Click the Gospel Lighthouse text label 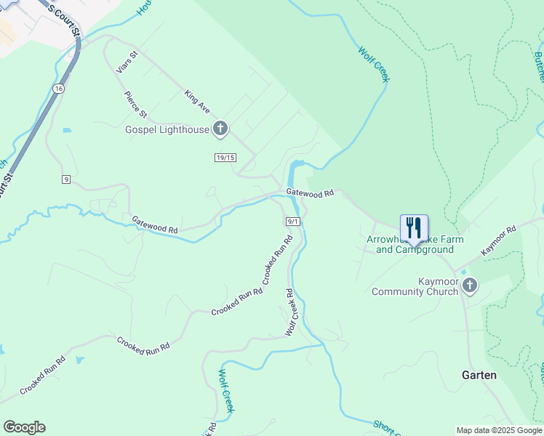pyautogui.click(x=167, y=130)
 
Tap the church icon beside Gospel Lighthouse pyautogui.click(x=220, y=130)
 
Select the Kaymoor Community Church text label pyautogui.click(x=415, y=286)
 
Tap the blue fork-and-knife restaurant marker pyautogui.click(x=414, y=227)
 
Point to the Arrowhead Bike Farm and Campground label pyautogui.click(x=415, y=244)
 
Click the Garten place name pyautogui.click(x=479, y=375)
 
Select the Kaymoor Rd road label pyautogui.click(x=499, y=238)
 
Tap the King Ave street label pyautogui.click(x=197, y=101)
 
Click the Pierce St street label pyautogui.click(x=135, y=105)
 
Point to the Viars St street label pyautogui.click(x=127, y=62)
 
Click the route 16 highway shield pyautogui.click(x=58, y=87)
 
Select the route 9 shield pyautogui.click(x=65, y=179)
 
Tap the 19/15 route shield pyautogui.click(x=225, y=158)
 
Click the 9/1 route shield pyautogui.click(x=293, y=221)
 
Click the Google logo pyautogui.click(x=24, y=427)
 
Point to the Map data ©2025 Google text pyautogui.click(x=499, y=430)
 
